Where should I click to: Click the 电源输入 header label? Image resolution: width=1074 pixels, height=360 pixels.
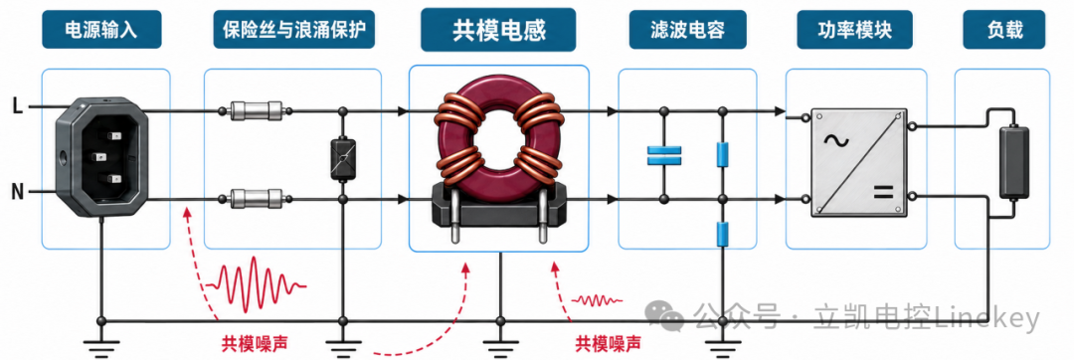point(101,30)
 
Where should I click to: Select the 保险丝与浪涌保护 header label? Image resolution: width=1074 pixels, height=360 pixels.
point(293,30)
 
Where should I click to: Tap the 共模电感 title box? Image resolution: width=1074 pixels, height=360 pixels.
point(498,30)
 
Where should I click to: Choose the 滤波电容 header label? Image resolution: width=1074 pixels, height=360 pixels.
point(687,30)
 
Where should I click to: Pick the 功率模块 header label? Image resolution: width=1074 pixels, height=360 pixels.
point(855,30)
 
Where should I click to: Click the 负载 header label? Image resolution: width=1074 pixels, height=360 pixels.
point(1004,30)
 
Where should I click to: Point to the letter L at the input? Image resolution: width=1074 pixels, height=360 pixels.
point(18,105)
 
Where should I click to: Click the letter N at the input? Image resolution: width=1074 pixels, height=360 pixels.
point(18,192)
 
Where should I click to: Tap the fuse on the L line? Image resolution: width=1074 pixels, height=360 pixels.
point(256,110)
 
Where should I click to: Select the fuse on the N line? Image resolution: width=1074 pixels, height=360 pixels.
point(256,199)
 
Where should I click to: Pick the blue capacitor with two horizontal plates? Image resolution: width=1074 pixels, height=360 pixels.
point(663,155)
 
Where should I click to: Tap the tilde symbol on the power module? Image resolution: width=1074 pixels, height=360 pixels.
point(837,141)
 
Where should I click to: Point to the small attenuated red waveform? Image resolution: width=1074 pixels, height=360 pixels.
point(598,299)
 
